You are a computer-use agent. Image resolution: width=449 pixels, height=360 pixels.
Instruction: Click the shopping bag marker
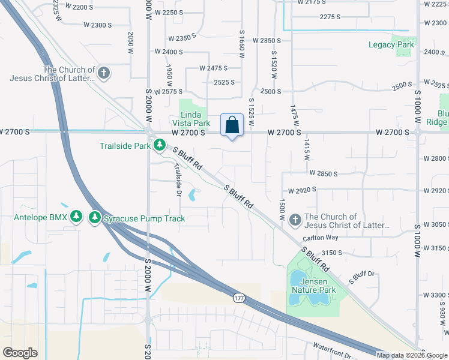pos(232,125)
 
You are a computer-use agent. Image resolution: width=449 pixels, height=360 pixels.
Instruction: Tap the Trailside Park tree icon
pos(160,145)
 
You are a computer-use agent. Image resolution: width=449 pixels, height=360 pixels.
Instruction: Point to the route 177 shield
pos(239,297)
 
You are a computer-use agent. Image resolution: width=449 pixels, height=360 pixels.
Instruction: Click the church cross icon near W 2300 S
pos(103,73)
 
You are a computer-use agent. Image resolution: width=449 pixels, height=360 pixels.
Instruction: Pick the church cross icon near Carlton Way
pos(295,220)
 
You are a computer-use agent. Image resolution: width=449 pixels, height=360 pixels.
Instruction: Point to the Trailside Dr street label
pos(178,180)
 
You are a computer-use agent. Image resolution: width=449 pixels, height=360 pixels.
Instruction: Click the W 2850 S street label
pos(324,173)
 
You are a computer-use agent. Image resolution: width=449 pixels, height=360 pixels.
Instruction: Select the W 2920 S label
pos(302,190)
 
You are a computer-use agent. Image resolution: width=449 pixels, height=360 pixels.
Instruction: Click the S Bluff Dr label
pos(362,277)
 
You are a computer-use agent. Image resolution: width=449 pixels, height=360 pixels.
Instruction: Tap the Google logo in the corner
pos(20,352)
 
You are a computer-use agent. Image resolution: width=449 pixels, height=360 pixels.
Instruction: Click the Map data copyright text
pos(412,355)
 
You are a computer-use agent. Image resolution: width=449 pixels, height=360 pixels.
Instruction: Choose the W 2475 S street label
pos(214,68)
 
